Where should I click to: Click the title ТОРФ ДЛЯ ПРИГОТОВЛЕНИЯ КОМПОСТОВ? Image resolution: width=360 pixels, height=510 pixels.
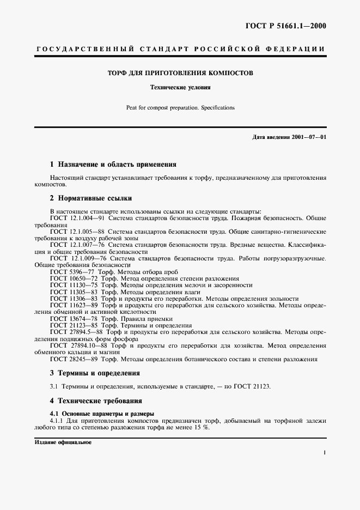click(179, 73)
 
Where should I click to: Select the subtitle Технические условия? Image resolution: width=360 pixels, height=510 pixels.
click(180, 87)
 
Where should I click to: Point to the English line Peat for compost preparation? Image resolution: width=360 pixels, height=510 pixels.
click(180, 107)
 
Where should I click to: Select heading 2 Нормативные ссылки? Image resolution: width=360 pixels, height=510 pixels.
click(90, 198)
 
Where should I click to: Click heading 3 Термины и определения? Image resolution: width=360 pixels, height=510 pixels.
click(95, 373)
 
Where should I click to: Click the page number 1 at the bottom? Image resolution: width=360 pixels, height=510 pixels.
click(324, 453)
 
